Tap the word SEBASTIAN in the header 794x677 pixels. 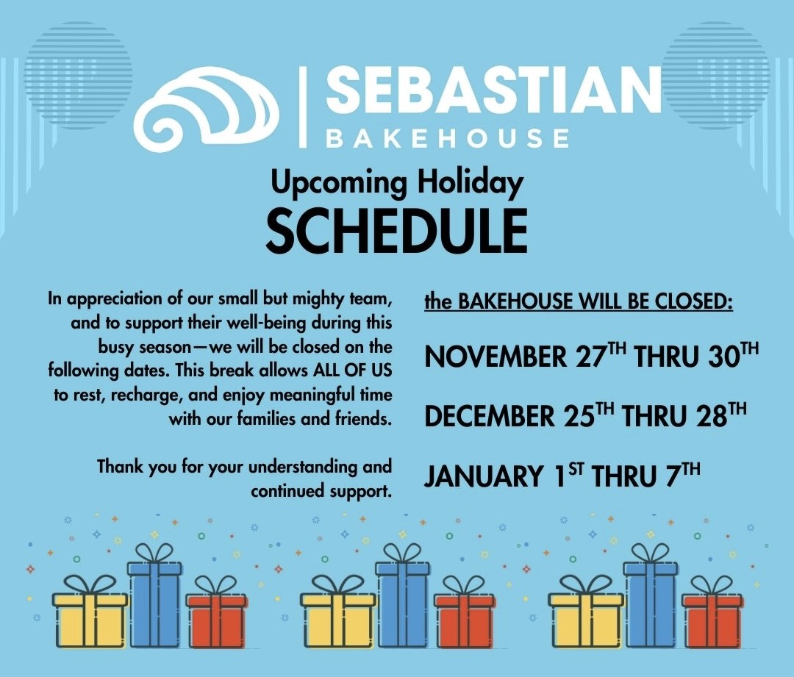point(493,91)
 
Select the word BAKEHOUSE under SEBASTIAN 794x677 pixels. point(448,138)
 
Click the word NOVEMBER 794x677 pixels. point(496,357)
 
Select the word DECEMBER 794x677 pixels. point(490,416)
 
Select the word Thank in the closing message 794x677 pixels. point(121,466)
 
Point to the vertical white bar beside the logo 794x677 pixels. point(304,107)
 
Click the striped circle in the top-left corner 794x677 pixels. point(79,75)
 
